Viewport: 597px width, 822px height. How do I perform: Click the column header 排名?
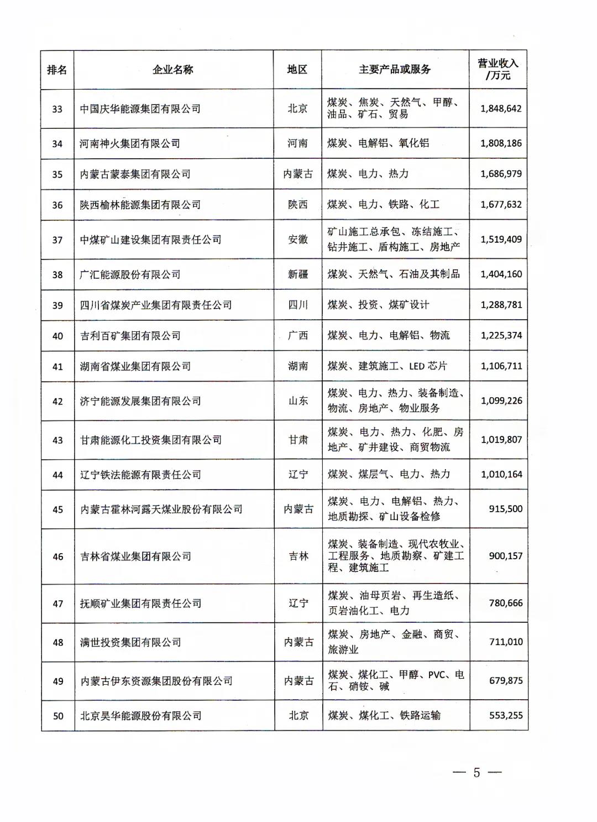click(x=57, y=70)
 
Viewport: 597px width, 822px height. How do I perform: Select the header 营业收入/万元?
click(x=498, y=70)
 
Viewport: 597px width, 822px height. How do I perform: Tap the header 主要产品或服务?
click(x=395, y=70)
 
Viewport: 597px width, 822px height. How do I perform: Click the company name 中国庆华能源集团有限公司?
click(x=140, y=109)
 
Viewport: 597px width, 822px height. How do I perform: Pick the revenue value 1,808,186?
click(x=501, y=143)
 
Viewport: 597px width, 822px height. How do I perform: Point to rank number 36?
click(x=57, y=205)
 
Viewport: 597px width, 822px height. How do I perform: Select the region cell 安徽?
click(x=298, y=240)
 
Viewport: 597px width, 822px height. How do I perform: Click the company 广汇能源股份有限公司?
click(x=130, y=274)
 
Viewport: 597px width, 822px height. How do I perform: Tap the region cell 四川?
click(x=298, y=305)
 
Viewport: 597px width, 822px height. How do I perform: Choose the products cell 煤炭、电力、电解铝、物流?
click(x=389, y=335)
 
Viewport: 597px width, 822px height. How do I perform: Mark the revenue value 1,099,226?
click(x=501, y=400)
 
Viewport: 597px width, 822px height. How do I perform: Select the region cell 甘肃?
click(x=298, y=440)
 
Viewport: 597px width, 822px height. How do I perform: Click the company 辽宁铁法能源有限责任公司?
click(x=140, y=475)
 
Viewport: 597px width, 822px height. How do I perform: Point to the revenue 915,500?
click(x=505, y=509)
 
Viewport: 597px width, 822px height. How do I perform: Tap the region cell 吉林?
click(x=298, y=556)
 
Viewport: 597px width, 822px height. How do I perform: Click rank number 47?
click(x=57, y=604)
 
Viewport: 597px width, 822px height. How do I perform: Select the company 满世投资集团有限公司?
click(x=130, y=642)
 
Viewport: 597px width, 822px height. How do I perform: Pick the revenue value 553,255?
click(x=505, y=715)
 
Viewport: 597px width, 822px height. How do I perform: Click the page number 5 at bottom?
click(x=476, y=773)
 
